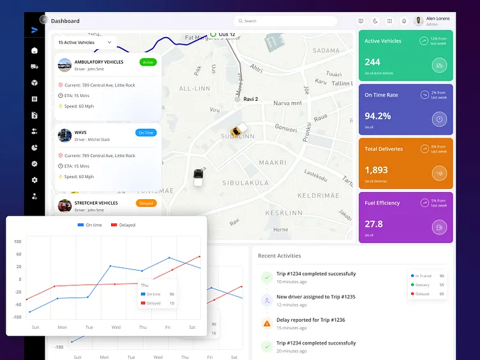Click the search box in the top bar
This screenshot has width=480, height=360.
point(285,21)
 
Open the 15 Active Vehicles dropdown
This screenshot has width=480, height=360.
point(85,43)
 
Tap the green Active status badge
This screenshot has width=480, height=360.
point(147,62)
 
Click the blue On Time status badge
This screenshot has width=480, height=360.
point(146,133)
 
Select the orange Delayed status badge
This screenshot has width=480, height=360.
point(146,203)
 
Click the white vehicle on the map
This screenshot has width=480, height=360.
point(199,177)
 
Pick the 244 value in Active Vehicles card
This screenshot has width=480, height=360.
point(372,62)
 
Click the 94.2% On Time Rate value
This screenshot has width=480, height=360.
point(377,116)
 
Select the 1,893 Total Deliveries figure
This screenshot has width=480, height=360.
point(376,170)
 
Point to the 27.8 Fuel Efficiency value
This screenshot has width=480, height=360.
point(373,224)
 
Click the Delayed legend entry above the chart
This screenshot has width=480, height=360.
point(123,225)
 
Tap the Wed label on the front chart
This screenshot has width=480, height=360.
point(116,327)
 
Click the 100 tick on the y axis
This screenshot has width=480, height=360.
point(18,241)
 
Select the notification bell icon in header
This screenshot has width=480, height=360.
point(403,21)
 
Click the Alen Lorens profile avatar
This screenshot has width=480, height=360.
point(419,21)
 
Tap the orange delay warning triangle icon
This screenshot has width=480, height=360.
point(267,324)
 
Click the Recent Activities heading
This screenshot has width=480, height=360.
point(279,255)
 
